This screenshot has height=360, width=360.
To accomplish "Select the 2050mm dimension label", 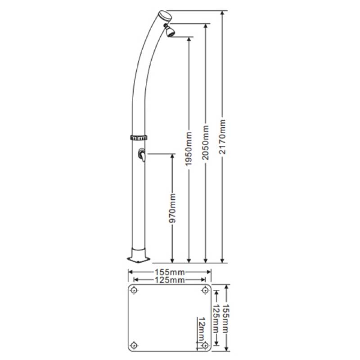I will [206, 143].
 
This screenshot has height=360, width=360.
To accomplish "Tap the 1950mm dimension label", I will [189, 148].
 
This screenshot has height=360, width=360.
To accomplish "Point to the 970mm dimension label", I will [172, 208].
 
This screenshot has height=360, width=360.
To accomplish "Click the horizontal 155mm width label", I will [170, 272].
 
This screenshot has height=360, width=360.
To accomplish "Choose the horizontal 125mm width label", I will [170, 280].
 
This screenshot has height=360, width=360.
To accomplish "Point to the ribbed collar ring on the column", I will [139, 137].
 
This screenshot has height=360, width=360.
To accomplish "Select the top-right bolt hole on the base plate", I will [205, 290].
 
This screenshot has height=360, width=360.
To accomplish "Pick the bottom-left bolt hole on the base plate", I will [134, 345].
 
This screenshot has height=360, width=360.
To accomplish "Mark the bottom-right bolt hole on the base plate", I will [205, 345].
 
